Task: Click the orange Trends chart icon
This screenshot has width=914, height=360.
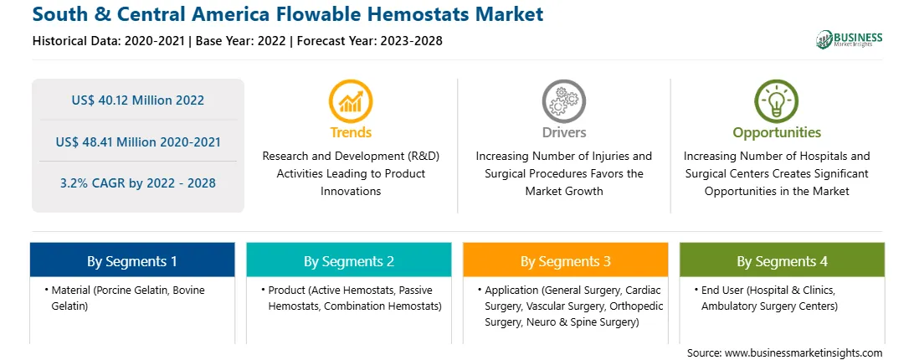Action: click(x=351, y=101)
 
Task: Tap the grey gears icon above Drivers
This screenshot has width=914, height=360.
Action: click(x=563, y=101)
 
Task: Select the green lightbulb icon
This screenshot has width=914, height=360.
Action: click(x=777, y=101)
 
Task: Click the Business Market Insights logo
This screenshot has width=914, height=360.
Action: click(x=850, y=39)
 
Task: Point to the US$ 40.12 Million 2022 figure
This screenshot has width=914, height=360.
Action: click(x=138, y=100)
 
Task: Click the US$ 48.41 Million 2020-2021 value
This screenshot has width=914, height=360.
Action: click(x=138, y=141)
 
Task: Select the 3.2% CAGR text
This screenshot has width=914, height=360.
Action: click(x=138, y=183)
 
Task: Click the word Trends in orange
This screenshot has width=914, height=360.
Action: click(x=351, y=132)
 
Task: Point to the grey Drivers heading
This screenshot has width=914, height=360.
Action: click(x=563, y=132)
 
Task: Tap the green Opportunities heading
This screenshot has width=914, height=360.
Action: click(x=777, y=132)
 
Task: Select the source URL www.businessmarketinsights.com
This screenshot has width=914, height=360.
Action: click(x=804, y=353)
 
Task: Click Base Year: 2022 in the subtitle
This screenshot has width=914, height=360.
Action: click(x=241, y=41)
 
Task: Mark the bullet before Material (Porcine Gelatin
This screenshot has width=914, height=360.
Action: click(x=46, y=290)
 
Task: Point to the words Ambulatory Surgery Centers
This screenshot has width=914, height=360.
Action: click(x=769, y=306)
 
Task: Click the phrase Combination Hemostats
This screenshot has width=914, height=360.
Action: click(x=383, y=306)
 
